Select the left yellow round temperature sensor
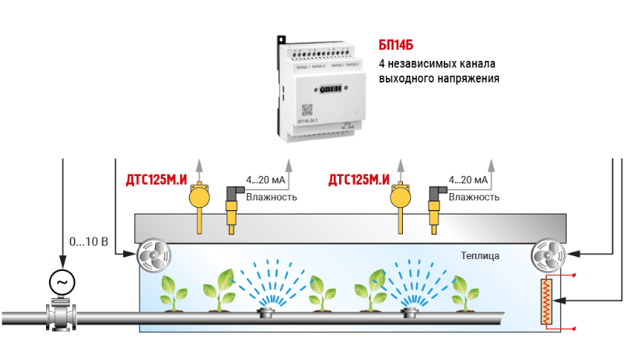point(198,197)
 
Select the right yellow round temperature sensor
point(401,197)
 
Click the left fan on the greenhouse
point(153,255)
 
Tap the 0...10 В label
point(88,242)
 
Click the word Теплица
point(479,256)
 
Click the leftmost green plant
point(174,293)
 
